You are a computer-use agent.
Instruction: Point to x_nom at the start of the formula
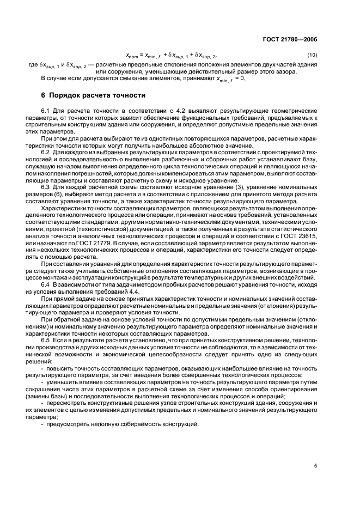click(132, 55)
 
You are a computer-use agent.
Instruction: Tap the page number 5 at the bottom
click(315, 465)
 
